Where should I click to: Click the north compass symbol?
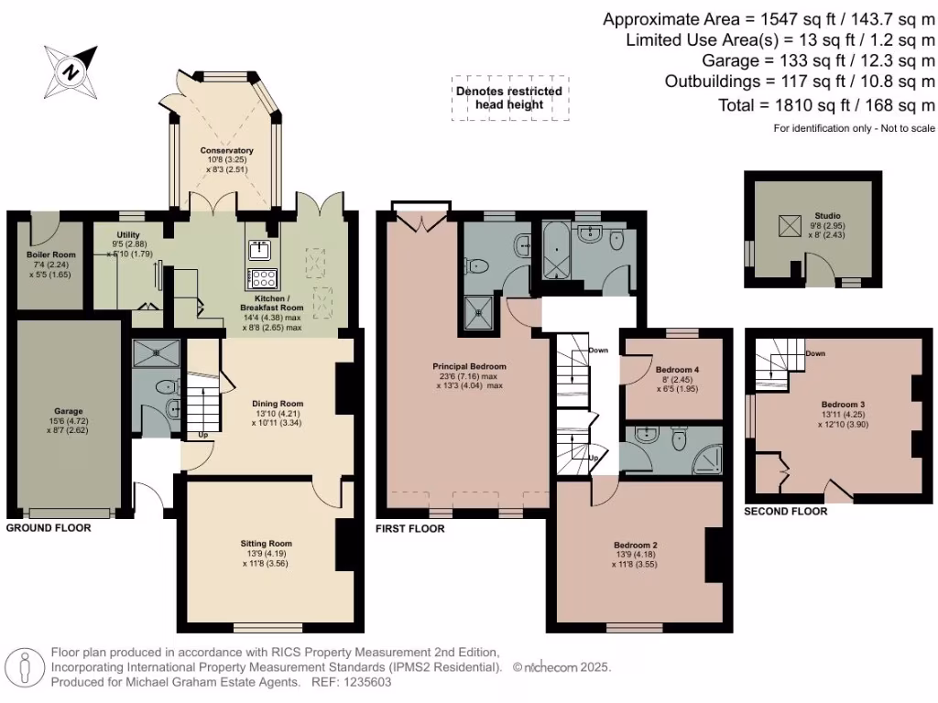click(71, 69)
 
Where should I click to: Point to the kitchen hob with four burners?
click(263, 278)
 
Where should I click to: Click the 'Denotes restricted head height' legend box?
click(509, 98)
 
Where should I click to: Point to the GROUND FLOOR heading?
click(49, 528)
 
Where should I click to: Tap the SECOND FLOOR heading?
click(785, 512)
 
